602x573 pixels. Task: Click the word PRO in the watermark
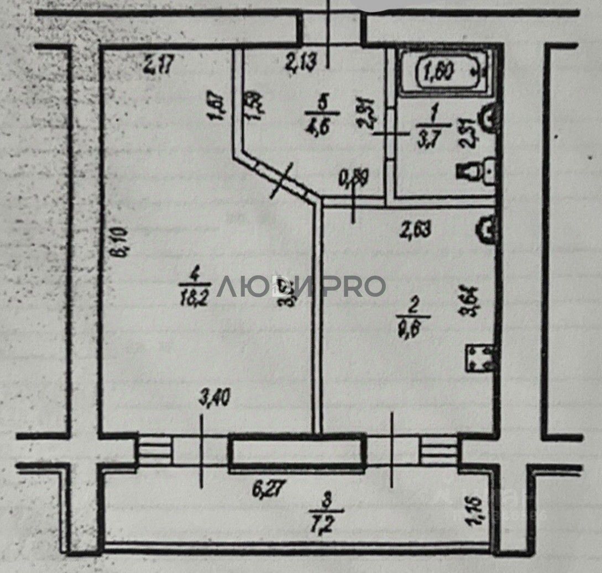click(x=354, y=286)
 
